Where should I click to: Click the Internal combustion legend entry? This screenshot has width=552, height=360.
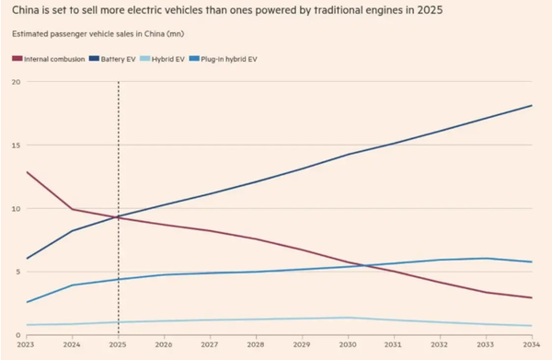click(54, 59)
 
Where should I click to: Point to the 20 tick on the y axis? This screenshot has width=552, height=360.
click(15, 82)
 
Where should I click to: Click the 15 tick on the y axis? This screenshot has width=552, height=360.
click(15, 145)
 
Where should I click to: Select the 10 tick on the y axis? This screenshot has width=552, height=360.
click(15, 209)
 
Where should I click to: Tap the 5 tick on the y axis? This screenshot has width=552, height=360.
click(17, 272)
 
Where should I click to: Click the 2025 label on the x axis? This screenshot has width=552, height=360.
click(119, 344)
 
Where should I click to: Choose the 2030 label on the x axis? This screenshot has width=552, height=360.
click(348, 344)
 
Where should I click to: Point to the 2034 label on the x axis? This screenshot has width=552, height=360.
click(530, 344)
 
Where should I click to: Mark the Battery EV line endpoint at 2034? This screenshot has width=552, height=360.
click(532, 105)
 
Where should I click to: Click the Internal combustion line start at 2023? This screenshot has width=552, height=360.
click(28, 172)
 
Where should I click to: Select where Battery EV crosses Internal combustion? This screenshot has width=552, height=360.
click(115, 217)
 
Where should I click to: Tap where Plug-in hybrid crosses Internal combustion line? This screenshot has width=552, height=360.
click(362, 266)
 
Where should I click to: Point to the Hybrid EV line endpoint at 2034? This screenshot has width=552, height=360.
click(532, 326)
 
